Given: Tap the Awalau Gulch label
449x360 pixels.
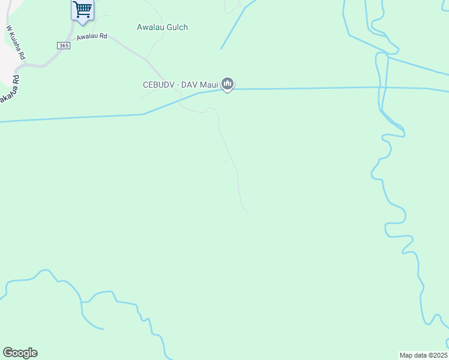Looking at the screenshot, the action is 162,27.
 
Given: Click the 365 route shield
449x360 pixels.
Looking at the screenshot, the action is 64,46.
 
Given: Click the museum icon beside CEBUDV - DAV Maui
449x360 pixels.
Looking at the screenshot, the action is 227,85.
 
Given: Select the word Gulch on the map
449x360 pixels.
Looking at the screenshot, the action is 176,27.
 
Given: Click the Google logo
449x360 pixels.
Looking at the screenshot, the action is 20,353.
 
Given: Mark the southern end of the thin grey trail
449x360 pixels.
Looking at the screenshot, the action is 247,212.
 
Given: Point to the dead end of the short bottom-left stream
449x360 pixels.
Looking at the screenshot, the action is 103,329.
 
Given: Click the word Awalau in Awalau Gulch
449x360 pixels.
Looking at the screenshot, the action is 150,27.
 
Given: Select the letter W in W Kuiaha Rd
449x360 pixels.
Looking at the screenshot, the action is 9,28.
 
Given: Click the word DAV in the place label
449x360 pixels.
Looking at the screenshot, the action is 190,85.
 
